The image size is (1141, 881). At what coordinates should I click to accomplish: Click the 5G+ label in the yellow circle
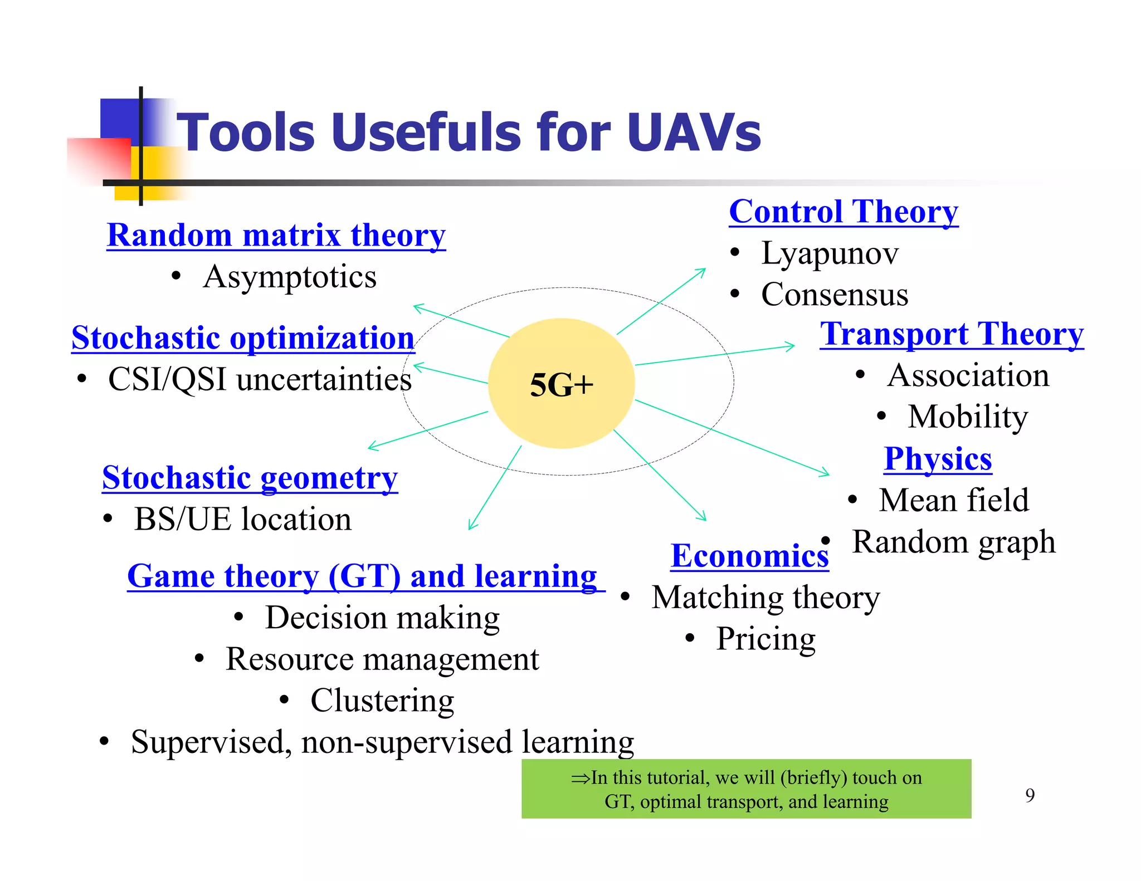pyautogui.click(x=562, y=385)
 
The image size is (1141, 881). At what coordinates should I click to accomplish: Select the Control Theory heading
pyautogui.click(x=843, y=212)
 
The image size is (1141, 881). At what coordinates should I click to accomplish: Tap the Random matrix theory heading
pyautogui.click(x=276, y=235)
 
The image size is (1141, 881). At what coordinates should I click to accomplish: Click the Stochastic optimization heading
pyautogui.click(x=243, y=338)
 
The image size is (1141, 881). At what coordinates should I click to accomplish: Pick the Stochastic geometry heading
pyautogui.click(x=250, y=478)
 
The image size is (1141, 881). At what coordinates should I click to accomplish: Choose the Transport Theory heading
pyautogui.click(x=952, y=334)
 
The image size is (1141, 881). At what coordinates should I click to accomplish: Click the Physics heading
pyautogui.click(x=938, y=459)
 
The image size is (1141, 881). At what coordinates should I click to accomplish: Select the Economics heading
pyautogui.click(x=749, y=556)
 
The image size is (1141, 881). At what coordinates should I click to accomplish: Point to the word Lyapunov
pyautogui.click(x=830, y=253)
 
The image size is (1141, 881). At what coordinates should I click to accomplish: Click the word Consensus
pyautogui.click(x=834, y=295)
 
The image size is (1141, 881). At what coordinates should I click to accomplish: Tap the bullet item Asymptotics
pyautogui.click(x=290, y=277)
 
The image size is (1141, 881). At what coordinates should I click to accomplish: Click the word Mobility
pyautogui.click(x=968, y=417)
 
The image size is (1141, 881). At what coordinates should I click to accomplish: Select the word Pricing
pyautogui.click(x=765, y=639)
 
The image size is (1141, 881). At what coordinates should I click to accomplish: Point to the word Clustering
pyautogui.click(x=382, y=701)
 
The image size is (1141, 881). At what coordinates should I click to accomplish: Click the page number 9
pyautogui.click(x=1030, y=795)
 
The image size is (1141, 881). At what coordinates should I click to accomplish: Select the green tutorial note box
pyautogui.click(x=746, y=789)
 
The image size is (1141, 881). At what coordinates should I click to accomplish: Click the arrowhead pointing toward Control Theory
pyautogui.click(x=702, y=271)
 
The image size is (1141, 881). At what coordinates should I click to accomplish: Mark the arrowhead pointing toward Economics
pyautogui.click(x=703, y=517)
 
